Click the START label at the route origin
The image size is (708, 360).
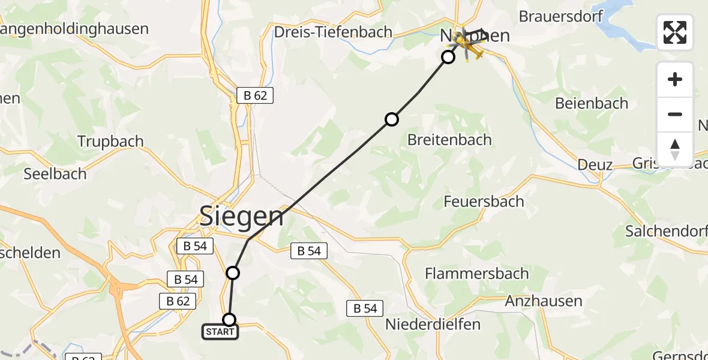point(220,332)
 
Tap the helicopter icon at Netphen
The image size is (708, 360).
point(470,46)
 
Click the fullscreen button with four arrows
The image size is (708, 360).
point(675,32)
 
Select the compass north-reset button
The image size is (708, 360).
point(675,149)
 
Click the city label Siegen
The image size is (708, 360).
point(241,215)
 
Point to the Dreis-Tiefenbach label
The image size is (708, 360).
point(333,32)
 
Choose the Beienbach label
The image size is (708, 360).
point(592,103)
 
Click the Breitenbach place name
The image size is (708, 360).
point(449,140)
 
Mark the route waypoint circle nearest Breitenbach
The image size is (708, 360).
point(391,119)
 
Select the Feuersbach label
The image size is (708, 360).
point(484,202)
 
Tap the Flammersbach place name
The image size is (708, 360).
point(477,274)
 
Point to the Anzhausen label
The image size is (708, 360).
point(544,301)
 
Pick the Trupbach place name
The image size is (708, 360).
point(110,142)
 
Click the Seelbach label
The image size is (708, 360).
point(55,174)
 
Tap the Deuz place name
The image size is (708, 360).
point(595,164)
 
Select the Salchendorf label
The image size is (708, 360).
point(666,231)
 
